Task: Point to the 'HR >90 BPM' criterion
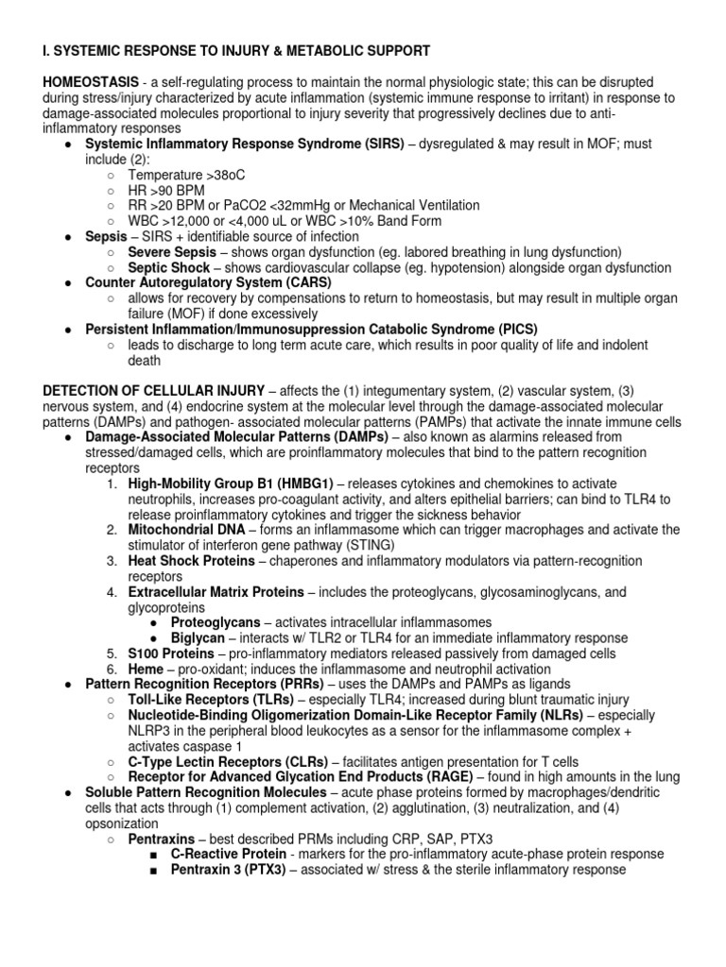coord(166,190)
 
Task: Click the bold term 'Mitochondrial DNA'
coord(186,530)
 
